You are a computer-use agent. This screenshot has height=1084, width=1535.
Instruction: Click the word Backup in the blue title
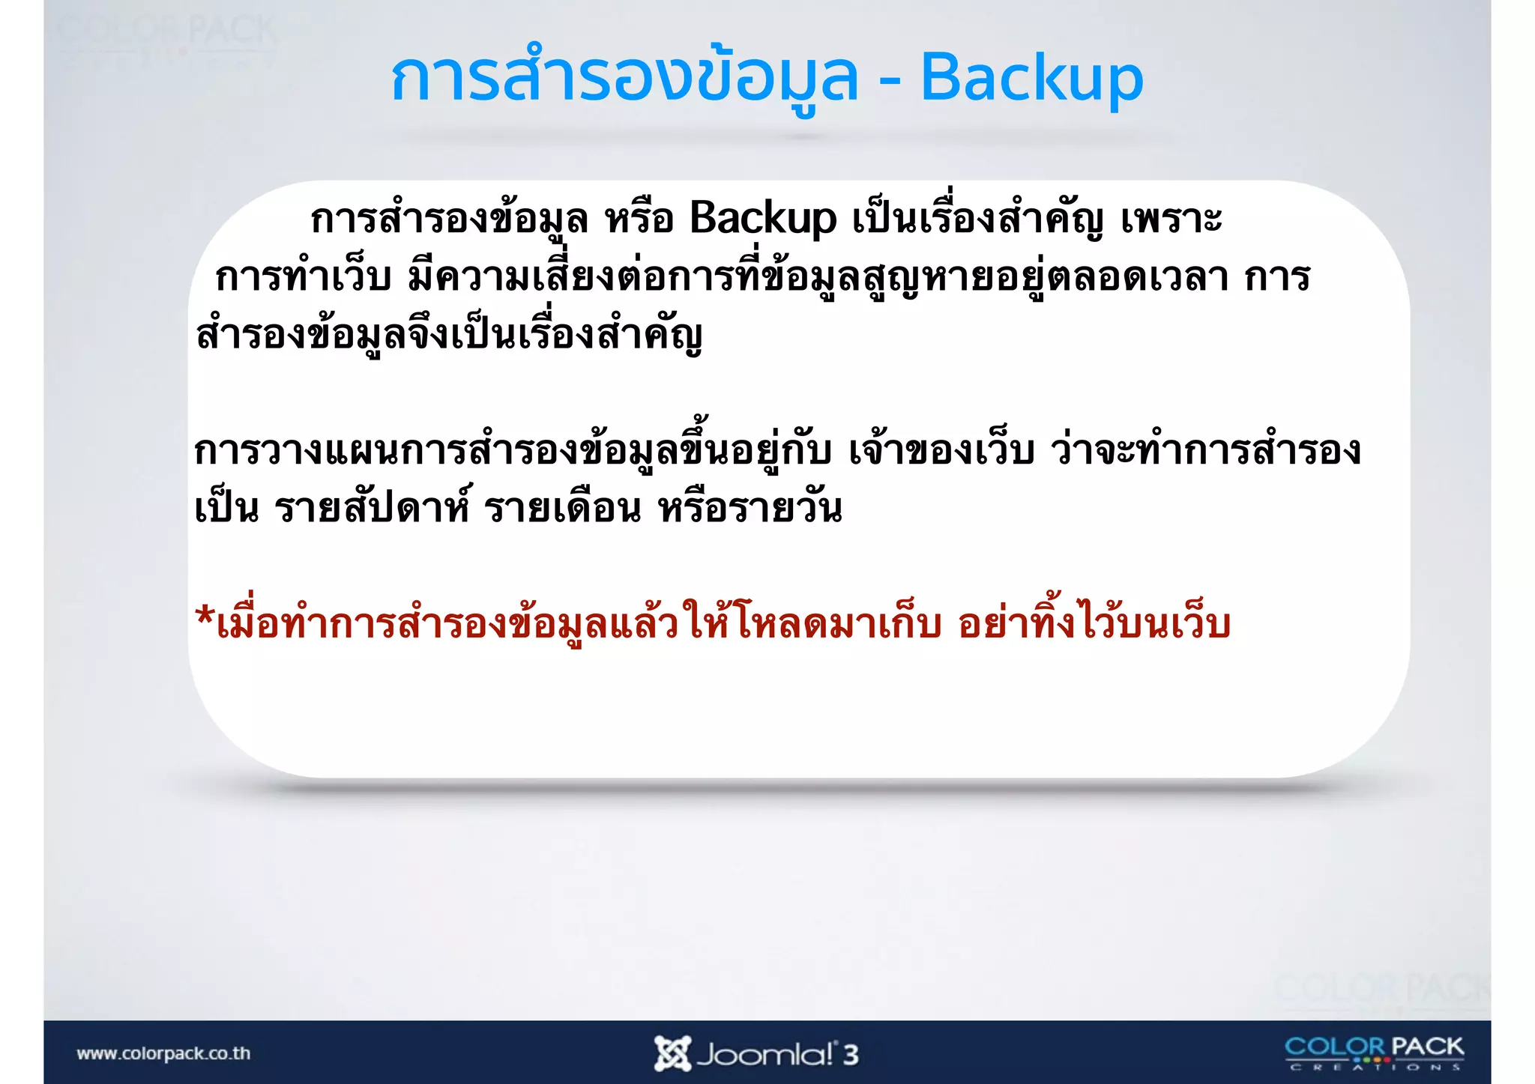point(1031,79)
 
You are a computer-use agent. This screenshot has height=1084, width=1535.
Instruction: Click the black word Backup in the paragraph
point(762,219)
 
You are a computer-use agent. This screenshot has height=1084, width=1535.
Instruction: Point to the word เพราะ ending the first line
point(1171,219)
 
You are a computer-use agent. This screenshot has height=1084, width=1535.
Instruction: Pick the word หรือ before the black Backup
point(639,219)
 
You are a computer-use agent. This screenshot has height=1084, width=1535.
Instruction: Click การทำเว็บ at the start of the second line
point(304,277)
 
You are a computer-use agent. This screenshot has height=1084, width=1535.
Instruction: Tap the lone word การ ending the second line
point(1277,277)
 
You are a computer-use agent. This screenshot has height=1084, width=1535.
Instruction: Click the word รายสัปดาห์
point(373,509)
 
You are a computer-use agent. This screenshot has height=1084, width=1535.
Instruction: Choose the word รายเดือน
point(562,509)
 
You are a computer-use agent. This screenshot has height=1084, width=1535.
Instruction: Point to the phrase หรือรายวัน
point(750,509)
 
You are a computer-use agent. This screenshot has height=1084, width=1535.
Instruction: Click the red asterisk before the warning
point(204,618)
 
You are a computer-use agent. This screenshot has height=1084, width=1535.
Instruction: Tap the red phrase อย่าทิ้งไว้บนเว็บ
point(1094,624)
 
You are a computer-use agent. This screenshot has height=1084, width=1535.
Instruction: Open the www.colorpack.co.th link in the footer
point(163,1053)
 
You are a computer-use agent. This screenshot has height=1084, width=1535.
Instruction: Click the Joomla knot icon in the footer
point(671,1053)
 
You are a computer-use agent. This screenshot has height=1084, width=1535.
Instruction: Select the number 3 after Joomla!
point(850,1055)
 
